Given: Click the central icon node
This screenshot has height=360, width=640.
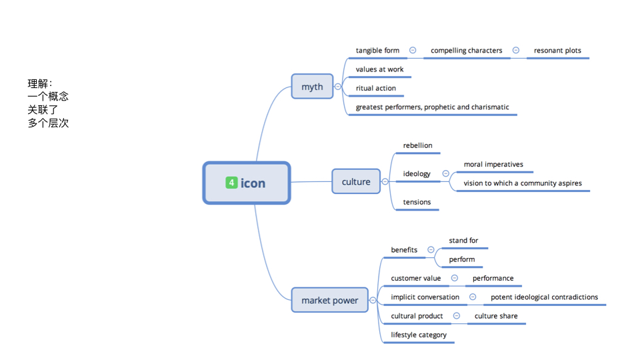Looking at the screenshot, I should pyautogui.click(x=247, y=183).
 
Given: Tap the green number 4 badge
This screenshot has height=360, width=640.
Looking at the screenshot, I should pyautogui.click(x=231, y=183).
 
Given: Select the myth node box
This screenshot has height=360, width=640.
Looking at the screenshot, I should pyautogui.click(x=312, y=87).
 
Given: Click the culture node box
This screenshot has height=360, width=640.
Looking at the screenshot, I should pyautogui.click(x=356, y=181).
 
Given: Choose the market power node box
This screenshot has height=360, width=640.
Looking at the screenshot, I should pyautogui.click(x=329, y=300).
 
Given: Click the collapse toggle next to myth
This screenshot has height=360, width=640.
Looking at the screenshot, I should pyautogui.click(x=338, y=87).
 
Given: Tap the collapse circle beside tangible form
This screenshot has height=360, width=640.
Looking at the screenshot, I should pyautogui.click(x=413, y=51).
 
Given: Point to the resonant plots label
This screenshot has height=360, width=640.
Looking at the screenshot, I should pyautogui.click(x=557, y=51).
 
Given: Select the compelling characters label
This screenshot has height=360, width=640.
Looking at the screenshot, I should pyautogui.click(x=466, y=51).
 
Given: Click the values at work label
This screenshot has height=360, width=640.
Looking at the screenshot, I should pyautogui.click(x=379, y=69).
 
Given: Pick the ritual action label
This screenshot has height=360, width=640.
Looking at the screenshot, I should pyautogui.click(x=375, y=88).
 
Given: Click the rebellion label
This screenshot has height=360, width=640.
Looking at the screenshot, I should pyautogui.click(x=417, y=145).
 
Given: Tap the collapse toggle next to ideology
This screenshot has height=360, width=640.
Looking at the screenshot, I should pyautogui.click(x=445, y=173).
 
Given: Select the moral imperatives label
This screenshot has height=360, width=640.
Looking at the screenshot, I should pyautogui.click(x=493, y=164).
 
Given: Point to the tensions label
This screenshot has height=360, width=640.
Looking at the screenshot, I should pyautogui.click(x=417, y=202).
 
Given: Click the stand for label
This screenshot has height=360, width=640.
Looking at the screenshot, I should pyautogui.click(x=463, y=241).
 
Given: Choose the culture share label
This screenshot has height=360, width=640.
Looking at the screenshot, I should pyautogui.click(x=495, y=316).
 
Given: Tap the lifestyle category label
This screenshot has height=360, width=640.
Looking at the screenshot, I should pyautogui.click(x=419, y=335).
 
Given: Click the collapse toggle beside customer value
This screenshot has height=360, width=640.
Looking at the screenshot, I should pyautogui.click(x=454, y=278).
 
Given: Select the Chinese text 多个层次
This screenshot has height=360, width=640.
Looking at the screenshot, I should pyautogui.click(x=48, y=123).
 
